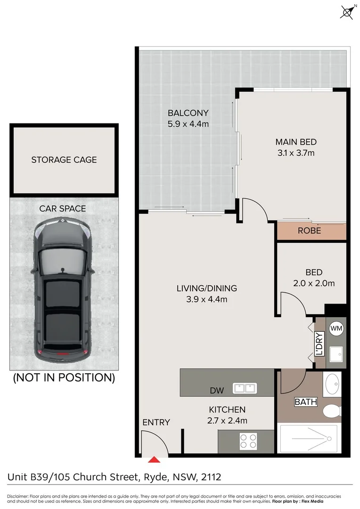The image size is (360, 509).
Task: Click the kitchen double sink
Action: click(245, 388)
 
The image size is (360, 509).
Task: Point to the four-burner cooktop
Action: click(248, 441)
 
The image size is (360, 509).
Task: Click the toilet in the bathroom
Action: click(332, 410)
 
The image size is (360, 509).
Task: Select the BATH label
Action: click(305, 402)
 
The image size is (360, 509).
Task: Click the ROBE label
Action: click(309, 230)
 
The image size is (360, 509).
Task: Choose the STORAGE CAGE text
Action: click(64, 160)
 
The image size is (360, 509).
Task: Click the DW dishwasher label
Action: click(217, 390)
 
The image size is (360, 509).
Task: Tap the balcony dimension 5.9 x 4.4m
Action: click(188, 124)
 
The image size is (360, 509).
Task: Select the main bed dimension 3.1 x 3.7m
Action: click(295, 153)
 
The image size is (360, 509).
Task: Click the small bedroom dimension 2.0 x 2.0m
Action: click(314, 283)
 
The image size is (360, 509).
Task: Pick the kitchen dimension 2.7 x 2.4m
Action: click(228, 421)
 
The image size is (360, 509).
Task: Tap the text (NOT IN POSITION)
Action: click(64, 377)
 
